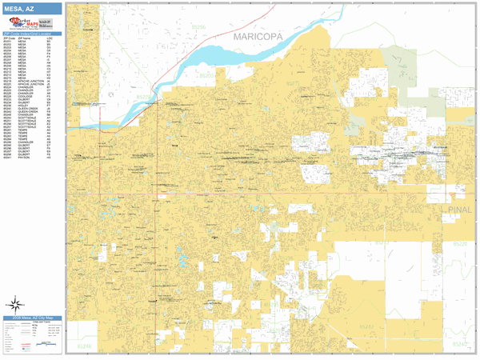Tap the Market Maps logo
(x=20, y=22)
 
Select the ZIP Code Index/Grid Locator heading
(x=32, y=34)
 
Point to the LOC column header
(x=50, y=38)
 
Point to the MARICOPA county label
(x=258, y=37)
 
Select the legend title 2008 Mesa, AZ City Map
(x=32, y=318)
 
